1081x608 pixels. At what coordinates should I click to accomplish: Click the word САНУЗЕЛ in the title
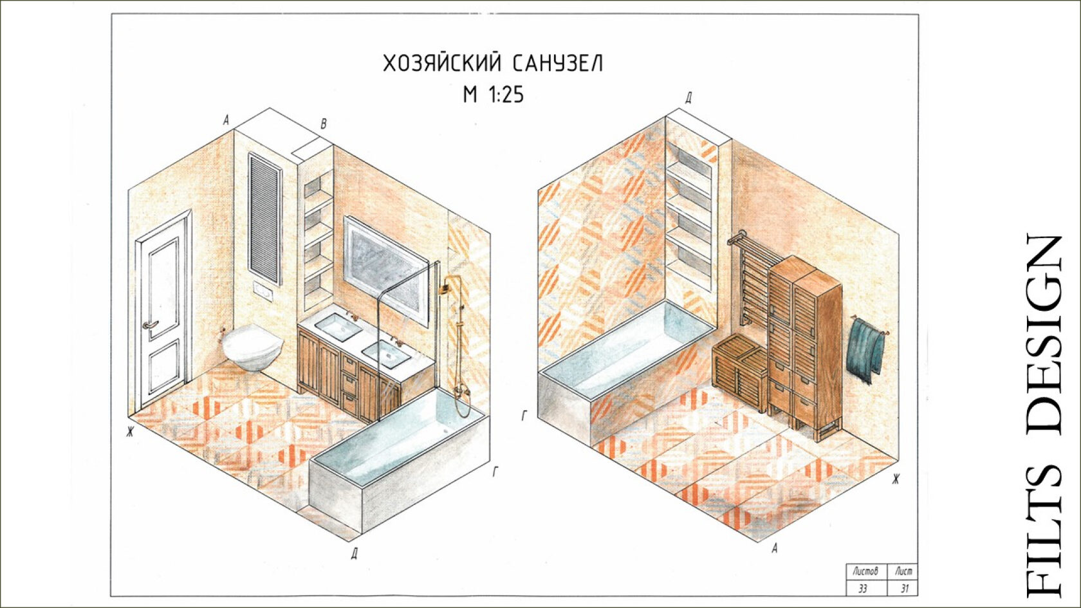pyautogui.click(x=559, y=64)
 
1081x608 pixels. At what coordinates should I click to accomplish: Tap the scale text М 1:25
pyautogui.click(x=493, y=95)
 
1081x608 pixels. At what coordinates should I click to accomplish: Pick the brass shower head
pyautogui.click(x=446, y=286)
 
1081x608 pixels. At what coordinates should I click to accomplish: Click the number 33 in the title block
pyautogui.click(x=862, y=588)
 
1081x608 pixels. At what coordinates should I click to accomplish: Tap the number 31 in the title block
pyautogui.click(x=903, y=588)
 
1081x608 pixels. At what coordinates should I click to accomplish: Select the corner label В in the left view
pyautogui.click(x=324, y=124)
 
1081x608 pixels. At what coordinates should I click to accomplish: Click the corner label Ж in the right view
pyautogui.click(x=895, y=479)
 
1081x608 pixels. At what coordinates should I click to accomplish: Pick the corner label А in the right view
pyautogui.click(x=775, y=548)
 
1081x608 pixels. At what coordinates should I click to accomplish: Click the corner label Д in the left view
pyautogui.click(x=355, y=553)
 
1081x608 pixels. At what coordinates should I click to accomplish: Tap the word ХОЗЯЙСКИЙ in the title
pyautogui.click(x=441, y=64)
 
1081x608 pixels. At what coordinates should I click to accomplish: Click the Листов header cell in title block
pyautogui.click(x=865, y=571)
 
